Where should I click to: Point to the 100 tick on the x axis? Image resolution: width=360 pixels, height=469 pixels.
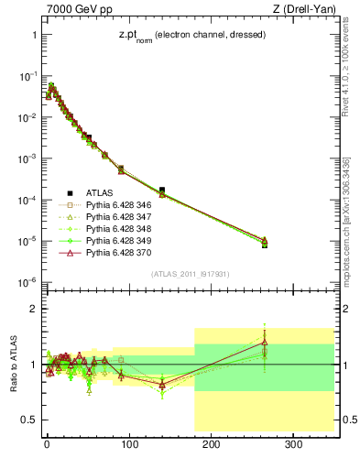[x=129, y=445]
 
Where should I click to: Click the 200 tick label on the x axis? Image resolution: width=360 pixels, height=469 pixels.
[x=212, y=445]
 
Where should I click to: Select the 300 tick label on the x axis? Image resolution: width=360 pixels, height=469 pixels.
[x=293, y=445]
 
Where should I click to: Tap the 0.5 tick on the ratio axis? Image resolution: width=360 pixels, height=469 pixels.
[x=27, y=420]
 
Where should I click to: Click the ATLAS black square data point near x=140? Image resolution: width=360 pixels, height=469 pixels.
[x=162, y=190]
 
